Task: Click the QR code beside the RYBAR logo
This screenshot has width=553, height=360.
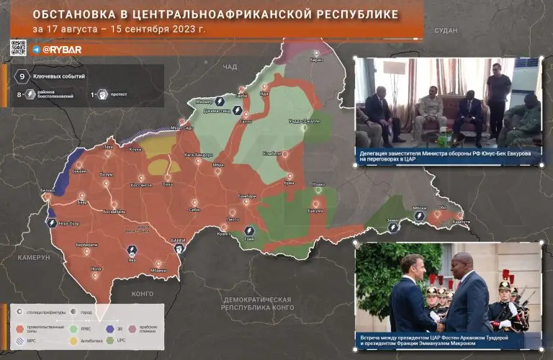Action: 19,48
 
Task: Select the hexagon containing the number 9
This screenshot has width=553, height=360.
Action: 22,76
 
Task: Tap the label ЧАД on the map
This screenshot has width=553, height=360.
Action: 230,66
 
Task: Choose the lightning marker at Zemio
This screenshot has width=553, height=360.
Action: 393,228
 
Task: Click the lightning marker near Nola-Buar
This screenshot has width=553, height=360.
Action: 53,222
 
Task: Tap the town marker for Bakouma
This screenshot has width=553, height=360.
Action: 315,203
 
